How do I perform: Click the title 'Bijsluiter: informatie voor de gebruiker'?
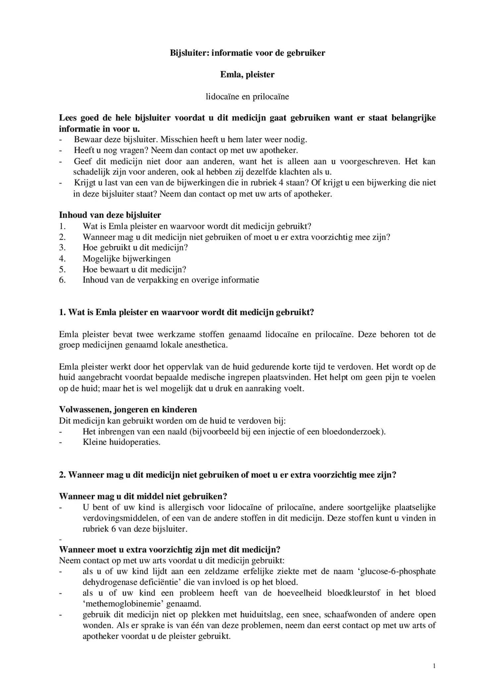[247, 53]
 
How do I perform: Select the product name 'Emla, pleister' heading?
[247, 75]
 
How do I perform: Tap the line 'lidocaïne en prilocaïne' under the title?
[247, 96]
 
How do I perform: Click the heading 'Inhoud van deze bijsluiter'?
[110, 215]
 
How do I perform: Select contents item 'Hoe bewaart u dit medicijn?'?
[134, 269]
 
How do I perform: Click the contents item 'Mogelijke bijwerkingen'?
[127, 259]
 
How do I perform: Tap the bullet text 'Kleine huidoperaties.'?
[122, 442]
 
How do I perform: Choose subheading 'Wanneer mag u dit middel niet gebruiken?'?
[143, 496]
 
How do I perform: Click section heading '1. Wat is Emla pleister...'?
[186, 313]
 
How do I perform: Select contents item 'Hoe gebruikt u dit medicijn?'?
[135, 248]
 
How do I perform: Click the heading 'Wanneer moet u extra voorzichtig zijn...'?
[170, 550]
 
